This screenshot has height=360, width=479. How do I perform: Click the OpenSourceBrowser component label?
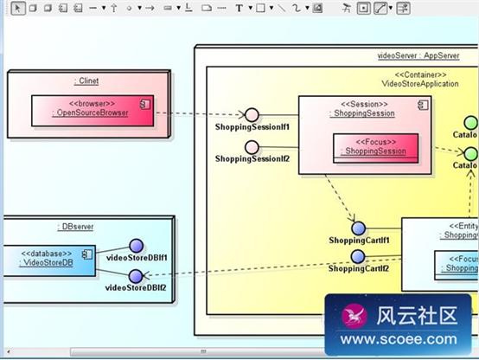(90, 112)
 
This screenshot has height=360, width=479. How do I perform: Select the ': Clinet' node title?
(86, 81)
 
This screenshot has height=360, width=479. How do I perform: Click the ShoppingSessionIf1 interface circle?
(252, 115)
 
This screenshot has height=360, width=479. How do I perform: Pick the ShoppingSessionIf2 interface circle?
(252, 146)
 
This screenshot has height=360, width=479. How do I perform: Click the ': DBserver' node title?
(76, 227)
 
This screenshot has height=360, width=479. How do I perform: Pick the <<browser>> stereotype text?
(90, 103)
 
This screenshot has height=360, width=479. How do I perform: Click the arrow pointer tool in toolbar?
(16, 8)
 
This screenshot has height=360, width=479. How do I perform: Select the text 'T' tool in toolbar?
(239, 8)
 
